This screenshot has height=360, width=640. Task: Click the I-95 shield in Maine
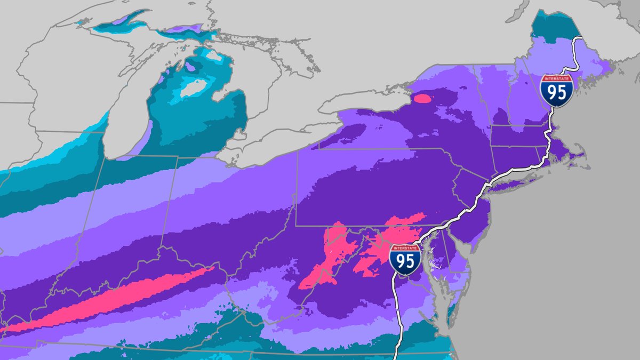pyautogui.click(x=556, y=91)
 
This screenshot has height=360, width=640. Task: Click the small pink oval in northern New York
pyautogui.click(x=422, y=98)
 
